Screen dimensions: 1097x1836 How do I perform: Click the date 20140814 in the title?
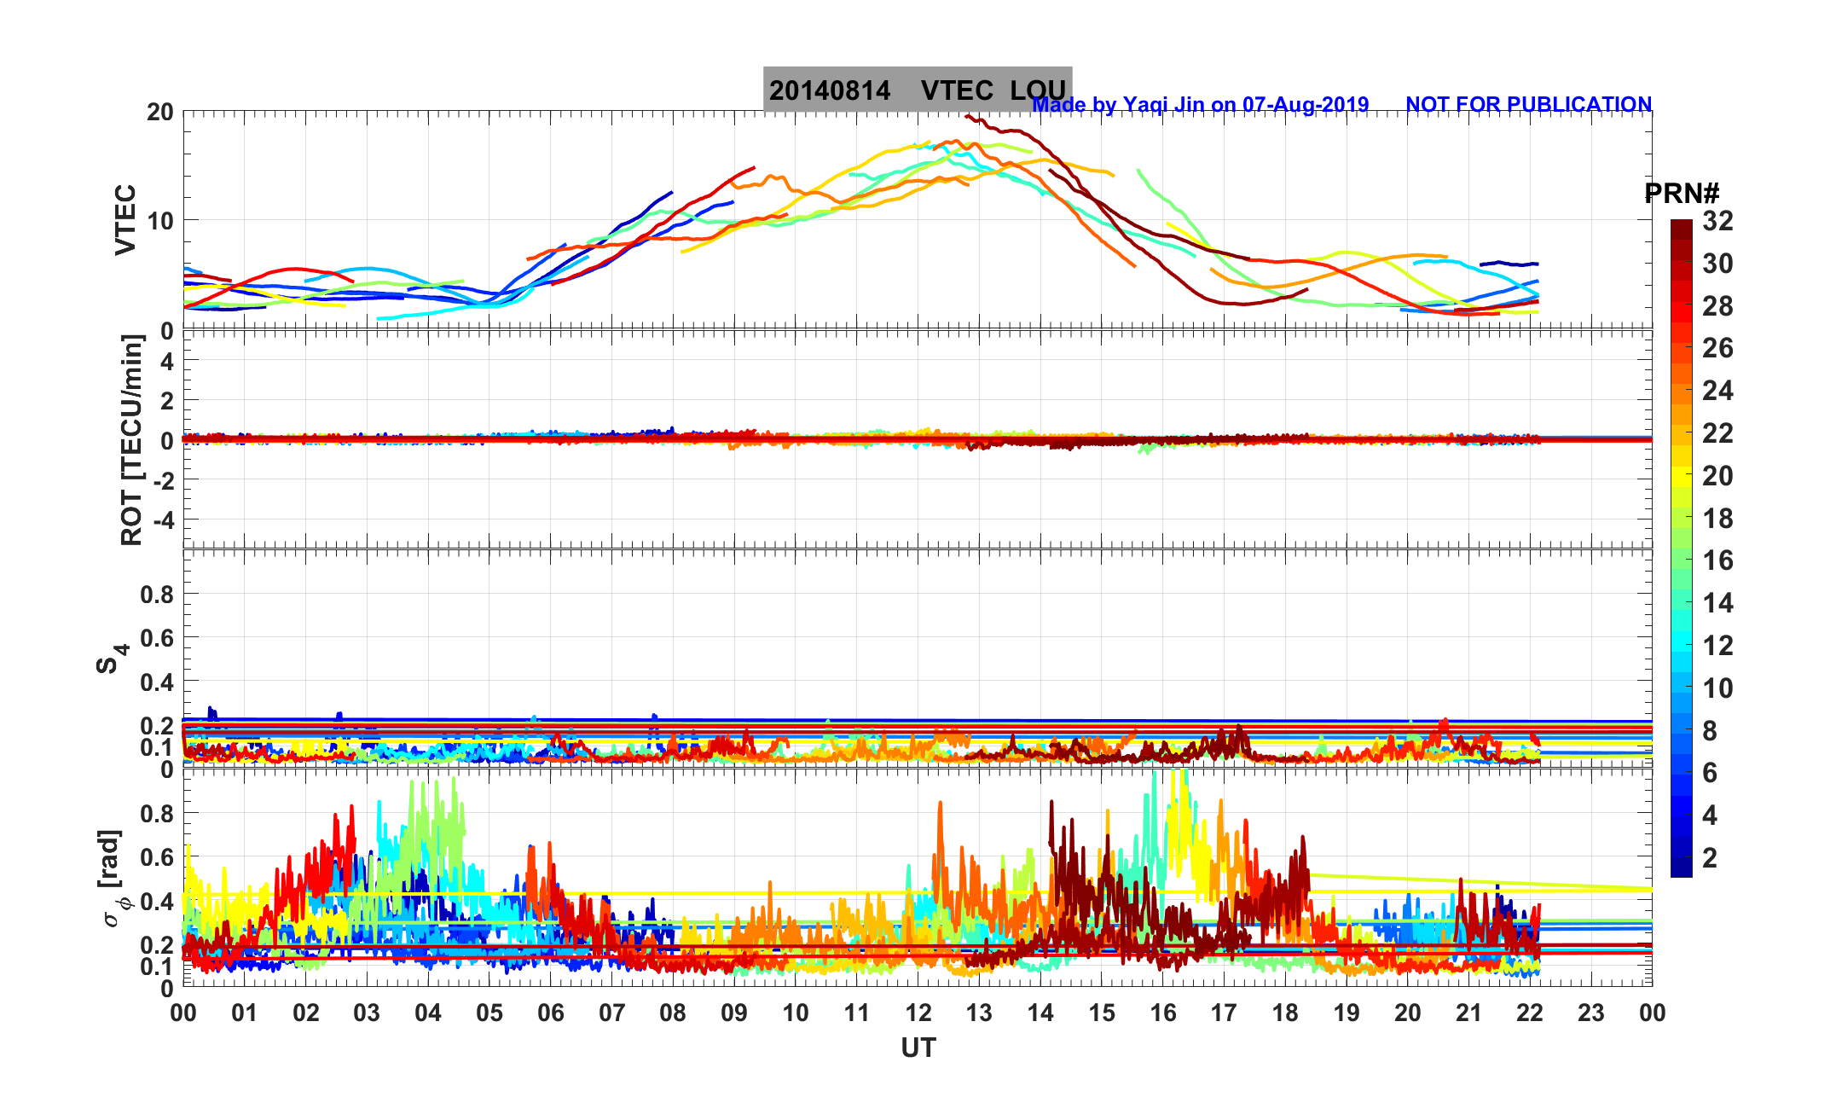[x=829, y=91]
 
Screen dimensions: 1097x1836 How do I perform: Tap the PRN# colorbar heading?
[x=1682, y=194]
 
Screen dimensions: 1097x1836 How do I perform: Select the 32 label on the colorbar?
[x=1717, y=222]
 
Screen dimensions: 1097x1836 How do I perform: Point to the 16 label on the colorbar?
[x=1717, y=560]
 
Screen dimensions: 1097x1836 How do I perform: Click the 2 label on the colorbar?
[x=1709, y=857]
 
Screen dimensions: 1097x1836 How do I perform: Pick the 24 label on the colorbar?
[x=1717, y=391]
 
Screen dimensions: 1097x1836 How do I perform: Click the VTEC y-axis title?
[x=125, y=219]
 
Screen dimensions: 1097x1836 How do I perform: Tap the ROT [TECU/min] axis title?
[x=131, y=439]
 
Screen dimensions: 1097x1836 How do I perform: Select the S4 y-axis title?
[x=111, y=658]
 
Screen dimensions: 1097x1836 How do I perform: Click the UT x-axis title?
[x=918, y=1048]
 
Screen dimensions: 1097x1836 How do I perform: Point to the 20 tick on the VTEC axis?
[x=159, y=113]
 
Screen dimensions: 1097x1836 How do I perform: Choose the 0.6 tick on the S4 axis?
[x=157, y=638]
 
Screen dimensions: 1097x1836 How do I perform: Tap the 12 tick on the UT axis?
[x=918, y=1013]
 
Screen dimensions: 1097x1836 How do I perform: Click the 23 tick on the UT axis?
[x=1591, y=1013]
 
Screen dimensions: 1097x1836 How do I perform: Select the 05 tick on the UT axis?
[x=489, y=1013]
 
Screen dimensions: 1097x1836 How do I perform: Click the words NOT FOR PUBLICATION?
[x=1528, y=105]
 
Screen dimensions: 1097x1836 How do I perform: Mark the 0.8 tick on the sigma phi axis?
[x=157, y=814]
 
